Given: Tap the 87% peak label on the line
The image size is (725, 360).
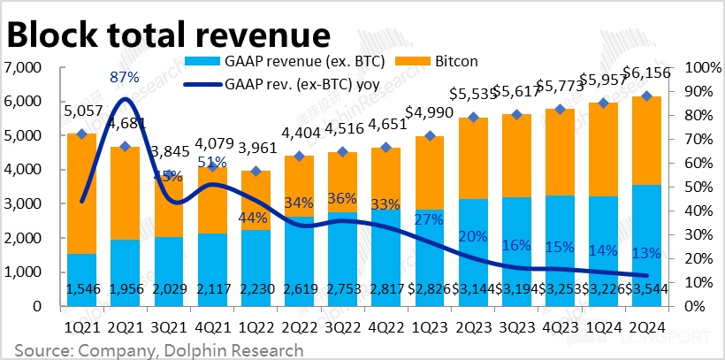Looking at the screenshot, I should [124, 79].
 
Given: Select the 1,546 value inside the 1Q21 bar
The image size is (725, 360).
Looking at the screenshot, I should [81, 289].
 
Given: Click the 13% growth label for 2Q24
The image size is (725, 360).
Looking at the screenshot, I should [646, 254].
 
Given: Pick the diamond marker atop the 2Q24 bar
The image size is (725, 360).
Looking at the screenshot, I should [646, 96].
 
